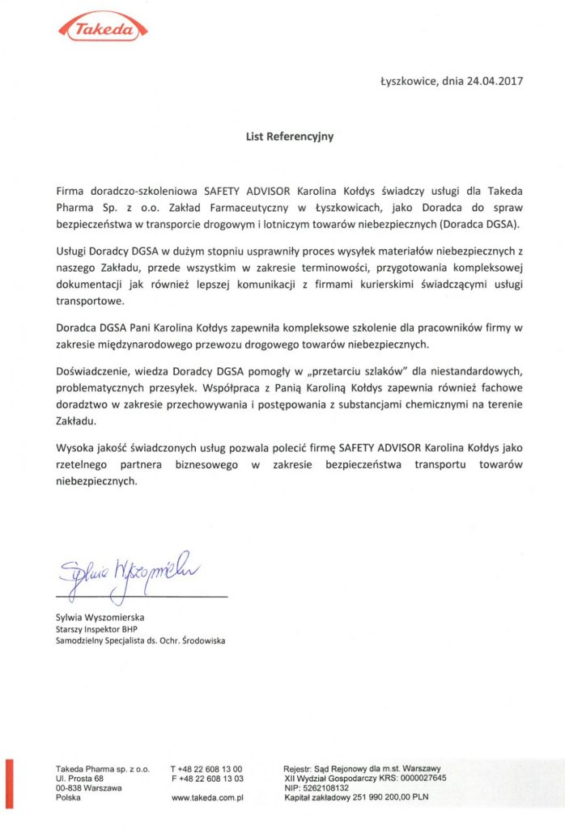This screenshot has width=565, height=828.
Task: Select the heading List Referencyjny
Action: point(290,137)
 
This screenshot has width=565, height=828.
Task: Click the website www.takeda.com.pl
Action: point(208,797)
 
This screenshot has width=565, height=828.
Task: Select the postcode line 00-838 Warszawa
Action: point(89,788)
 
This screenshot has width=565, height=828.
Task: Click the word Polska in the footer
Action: point(69,797)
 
